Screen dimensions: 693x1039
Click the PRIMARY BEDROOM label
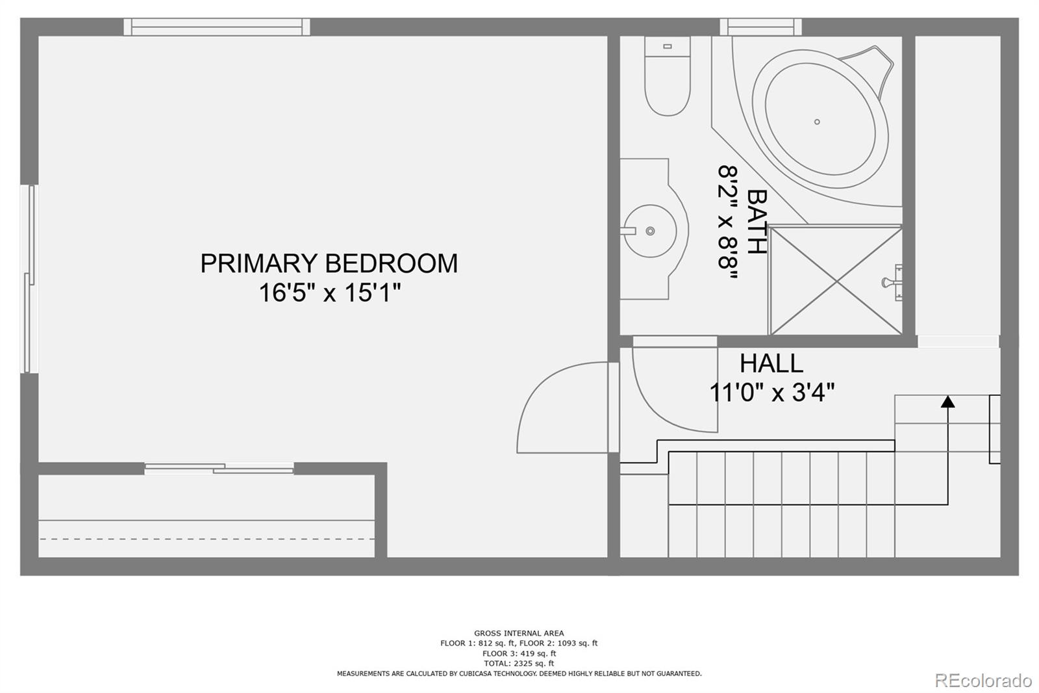coord(329,263)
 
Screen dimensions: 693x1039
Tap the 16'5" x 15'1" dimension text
coord(329,293)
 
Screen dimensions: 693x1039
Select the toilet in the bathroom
coord(667,77)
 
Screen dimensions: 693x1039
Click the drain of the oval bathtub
coord(817,122)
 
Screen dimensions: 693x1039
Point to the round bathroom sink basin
coord(649,231)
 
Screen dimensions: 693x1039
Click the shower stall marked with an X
coord(836,280)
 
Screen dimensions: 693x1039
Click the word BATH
coord(757,221)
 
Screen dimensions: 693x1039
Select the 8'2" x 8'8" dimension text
coord(728,221)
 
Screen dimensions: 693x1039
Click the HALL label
coord(771,363)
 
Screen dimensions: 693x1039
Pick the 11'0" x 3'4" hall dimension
coord(771,393)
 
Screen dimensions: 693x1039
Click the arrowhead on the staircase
coord(947,402)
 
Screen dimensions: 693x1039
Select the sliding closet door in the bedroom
coord(219,468)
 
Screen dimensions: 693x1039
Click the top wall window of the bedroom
coord(217,27)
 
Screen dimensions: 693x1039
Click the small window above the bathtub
coord(760,27)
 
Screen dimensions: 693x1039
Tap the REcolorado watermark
coord(983,680)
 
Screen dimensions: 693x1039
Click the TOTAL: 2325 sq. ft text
coord(518,663)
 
